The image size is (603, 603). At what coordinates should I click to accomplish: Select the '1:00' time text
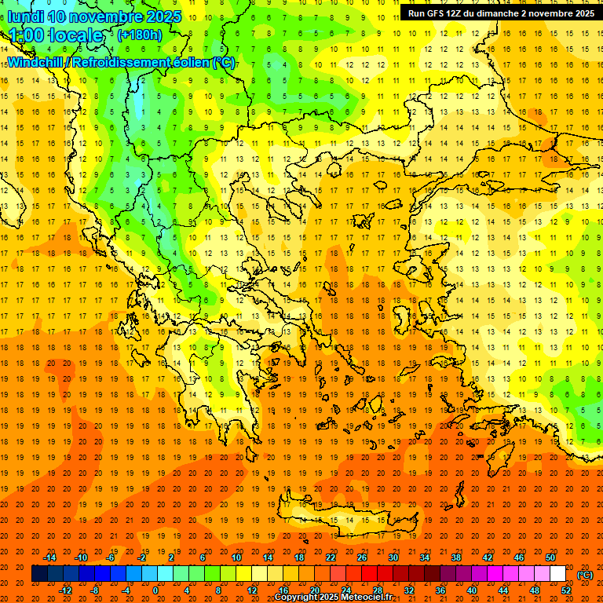pyautogui.click(x=27, y=35)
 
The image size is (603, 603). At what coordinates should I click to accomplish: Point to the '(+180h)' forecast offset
pyautogui.click(x=139, y=35)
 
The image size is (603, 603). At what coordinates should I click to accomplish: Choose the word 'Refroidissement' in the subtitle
pyautogui.click(x=127, y=62)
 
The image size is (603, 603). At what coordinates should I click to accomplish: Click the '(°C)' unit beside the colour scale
pyautogui.click(x=585, y=574)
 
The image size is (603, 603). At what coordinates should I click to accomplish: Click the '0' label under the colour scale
pyautogui.click(x=155, y=590)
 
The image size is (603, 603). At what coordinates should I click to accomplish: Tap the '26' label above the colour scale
pyautogui.click(x=362, y=557)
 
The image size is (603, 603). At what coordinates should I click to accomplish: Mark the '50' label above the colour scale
pyautogui.click(x=550, y=557)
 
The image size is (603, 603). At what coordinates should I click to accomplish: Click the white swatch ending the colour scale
pyautogui.click(x=558, y=574)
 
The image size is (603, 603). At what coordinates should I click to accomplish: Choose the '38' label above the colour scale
pyautogui.click(x=456, y=557)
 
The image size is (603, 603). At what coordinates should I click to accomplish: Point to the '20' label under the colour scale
pyautogui.click(x=314, y=590)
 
